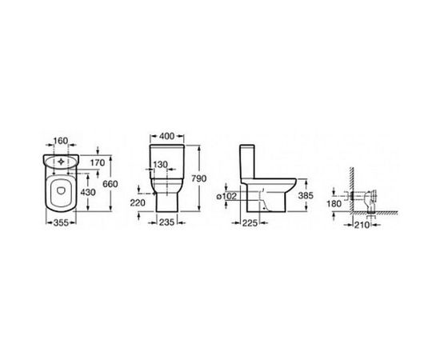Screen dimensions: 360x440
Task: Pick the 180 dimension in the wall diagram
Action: (x=334, y=204)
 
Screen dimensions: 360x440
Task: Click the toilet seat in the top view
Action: (x=60, y=192)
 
